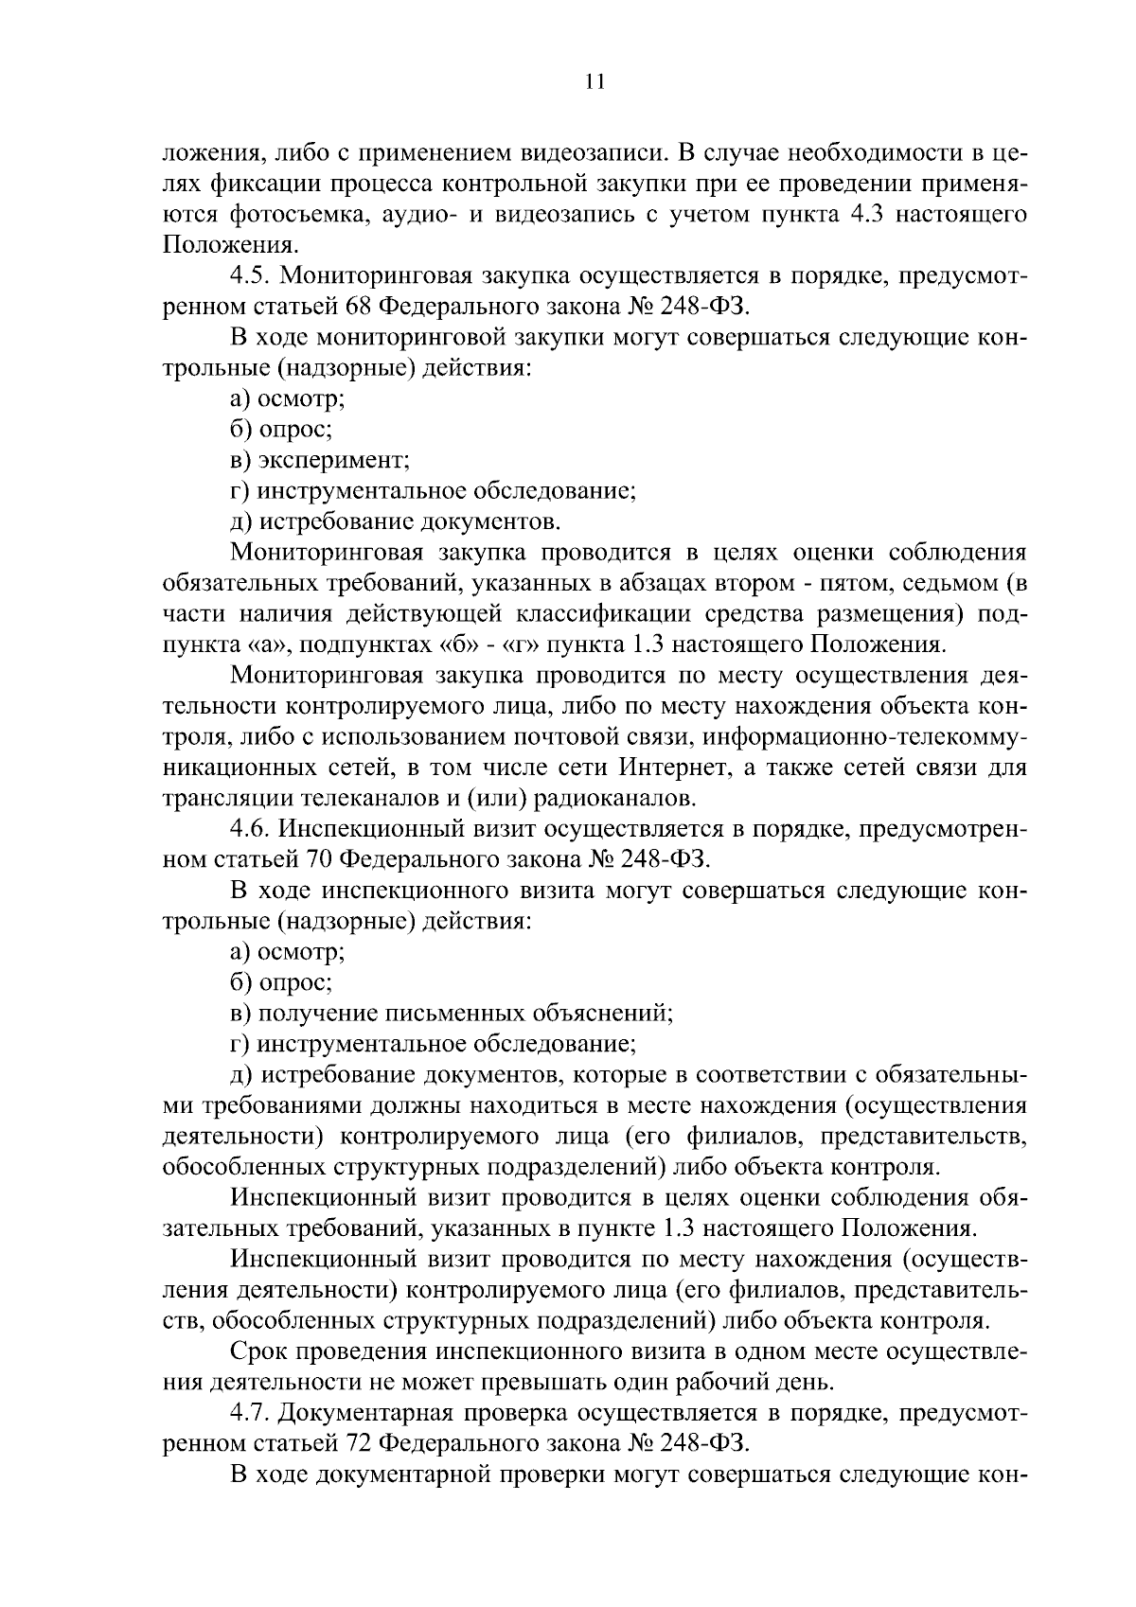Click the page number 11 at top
[x=595, y=81]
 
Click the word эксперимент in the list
[x=334, y=461]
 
